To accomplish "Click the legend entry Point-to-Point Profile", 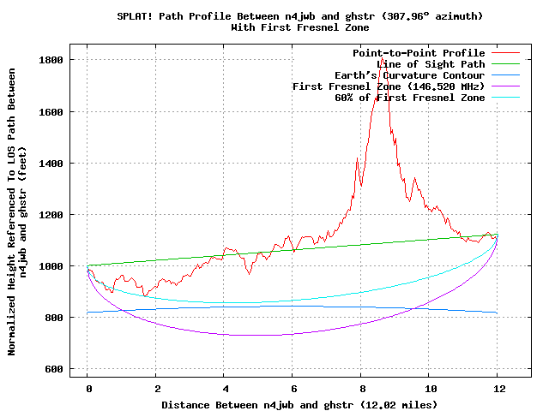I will click(419, 53).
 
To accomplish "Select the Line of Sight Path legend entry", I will click(431, 64).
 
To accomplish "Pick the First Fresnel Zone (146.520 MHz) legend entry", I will click(389, 86).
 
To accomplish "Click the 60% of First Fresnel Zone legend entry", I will click(409, 98).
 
